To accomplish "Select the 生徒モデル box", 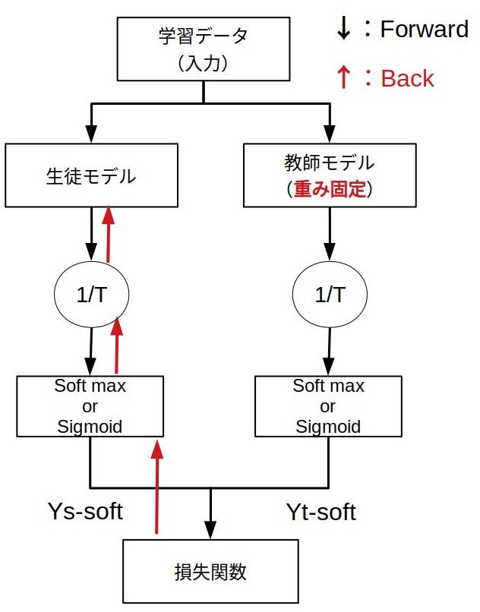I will click(x=91, y=176).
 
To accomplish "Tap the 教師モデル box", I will click(x=329, y=175).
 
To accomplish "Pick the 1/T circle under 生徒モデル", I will click(x=91, y=295).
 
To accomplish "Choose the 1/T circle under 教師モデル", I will click(x=330, y=295).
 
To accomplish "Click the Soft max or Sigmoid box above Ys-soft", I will click(x=90, y=406).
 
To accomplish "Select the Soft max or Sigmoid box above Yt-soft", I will click(x=329, y=406).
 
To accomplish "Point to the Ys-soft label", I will click(x=84, y=511).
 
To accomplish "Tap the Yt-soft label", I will click(x=320, y=512).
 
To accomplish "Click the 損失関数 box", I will click(x=211, y=572).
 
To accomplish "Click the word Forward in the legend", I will click(x=424, y=30).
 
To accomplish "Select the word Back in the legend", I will click(x=407, y=77).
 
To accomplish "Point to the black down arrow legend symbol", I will click(x=343, y=27).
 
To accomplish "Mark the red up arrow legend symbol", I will click(x=343, y=77).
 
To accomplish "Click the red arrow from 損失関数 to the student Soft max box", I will click(x=157, y=486).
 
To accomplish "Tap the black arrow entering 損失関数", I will click(x=210, y=513).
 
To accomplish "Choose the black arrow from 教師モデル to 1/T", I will click(x=330, y=235).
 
